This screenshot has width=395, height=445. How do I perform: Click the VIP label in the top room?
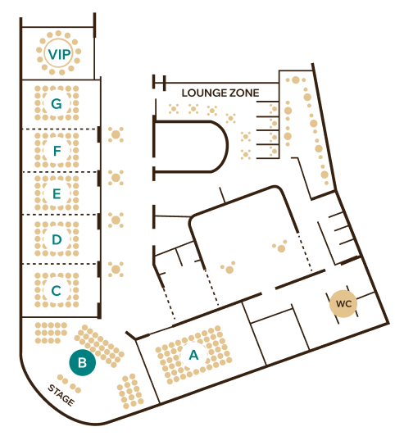click(59, 54)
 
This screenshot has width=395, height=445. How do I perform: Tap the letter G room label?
click(57, 103)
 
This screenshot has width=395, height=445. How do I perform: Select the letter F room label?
click(57, 151)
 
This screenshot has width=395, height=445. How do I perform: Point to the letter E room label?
click(57, 193)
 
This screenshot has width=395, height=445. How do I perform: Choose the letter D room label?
click(57, 239)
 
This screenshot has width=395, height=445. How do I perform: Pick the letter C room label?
click(57, 291)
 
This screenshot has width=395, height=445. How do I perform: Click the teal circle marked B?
click(83, 362)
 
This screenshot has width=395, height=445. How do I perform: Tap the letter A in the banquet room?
click(193, 355)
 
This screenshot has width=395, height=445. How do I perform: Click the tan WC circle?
click(343, 304)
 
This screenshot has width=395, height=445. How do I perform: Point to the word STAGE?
click(61, 395)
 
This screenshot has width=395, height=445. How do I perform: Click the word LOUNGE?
click(203, 93)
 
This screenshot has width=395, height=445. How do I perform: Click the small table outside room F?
click(116, 134)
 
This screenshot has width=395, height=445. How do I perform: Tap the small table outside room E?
click(116, 178)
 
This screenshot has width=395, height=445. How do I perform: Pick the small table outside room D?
click(116, 220)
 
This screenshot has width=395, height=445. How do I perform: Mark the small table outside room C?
click(116, 269)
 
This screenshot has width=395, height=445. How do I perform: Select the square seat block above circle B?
click(51, 333)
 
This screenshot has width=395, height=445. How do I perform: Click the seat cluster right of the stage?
click(130, 391)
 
